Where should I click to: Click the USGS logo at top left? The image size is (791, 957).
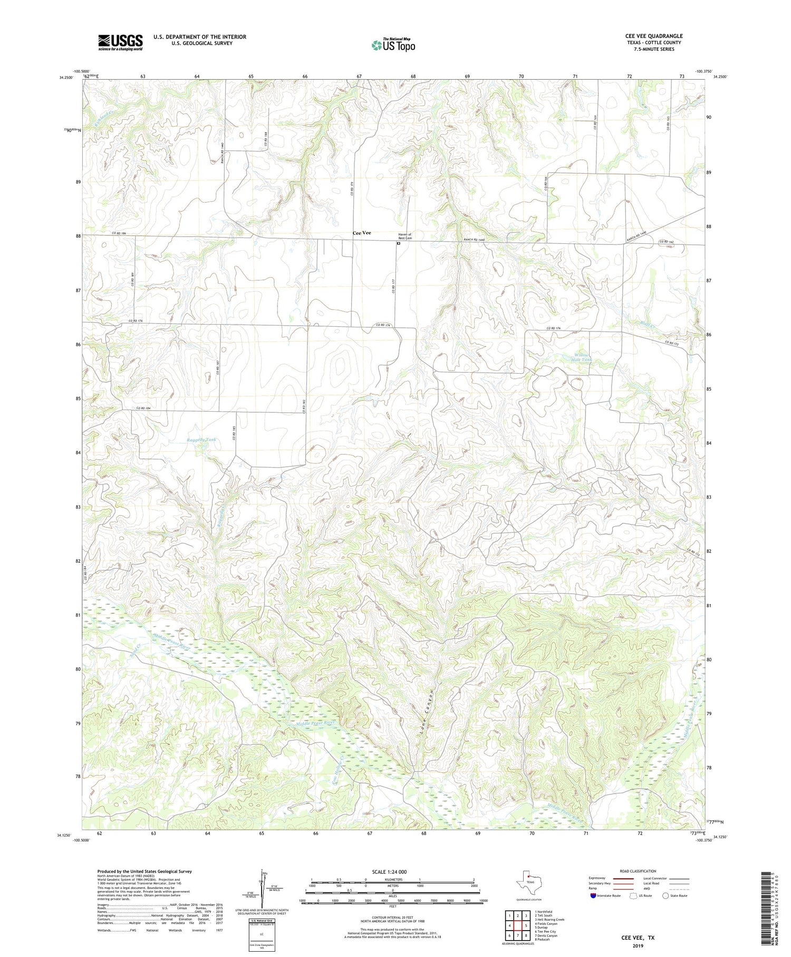pos(120,42)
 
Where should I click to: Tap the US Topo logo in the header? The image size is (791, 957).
pos(393,45)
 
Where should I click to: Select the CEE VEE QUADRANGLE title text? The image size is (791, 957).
pos(653,36)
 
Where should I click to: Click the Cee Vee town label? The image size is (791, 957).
pos(362,233)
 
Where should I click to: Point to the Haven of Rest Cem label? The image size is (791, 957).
pos(404,236)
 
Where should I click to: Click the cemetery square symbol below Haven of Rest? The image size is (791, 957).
pos(399,244)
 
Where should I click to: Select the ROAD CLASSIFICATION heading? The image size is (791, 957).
pos(638,871)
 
